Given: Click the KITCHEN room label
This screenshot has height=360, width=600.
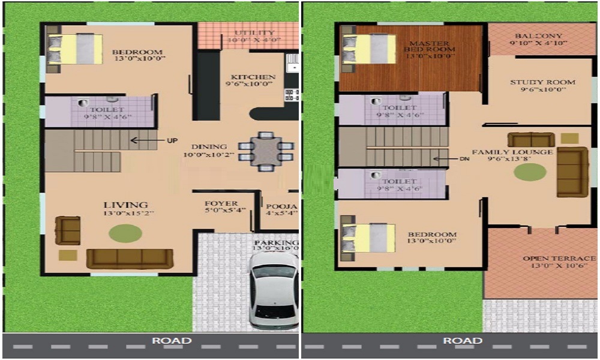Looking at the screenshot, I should [253, 77].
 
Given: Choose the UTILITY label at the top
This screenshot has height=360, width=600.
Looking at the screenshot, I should [254, 32].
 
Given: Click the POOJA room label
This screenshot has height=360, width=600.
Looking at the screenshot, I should [281, 205].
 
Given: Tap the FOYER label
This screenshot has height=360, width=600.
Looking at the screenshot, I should [221, 203].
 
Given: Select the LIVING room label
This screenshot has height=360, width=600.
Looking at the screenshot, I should [125, 205].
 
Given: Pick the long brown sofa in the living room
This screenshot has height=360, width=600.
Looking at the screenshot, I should [130, 259].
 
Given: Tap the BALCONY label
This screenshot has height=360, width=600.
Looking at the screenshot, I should [538, 35].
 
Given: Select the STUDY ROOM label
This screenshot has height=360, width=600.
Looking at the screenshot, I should [542, 82].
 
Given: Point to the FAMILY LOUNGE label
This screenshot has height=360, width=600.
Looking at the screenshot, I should [512, 152].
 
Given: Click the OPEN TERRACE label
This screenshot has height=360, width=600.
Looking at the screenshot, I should [559, 259].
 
